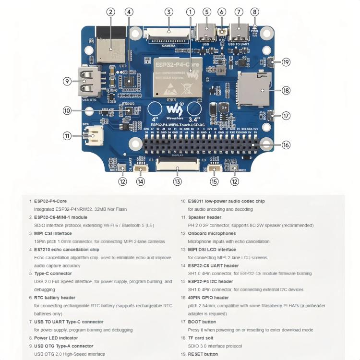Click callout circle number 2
point(111,12)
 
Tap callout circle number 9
point(67,82)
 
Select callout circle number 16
point(286,145)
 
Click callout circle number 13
point(178,181)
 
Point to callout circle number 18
point(286,90)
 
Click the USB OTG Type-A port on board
point(88,82)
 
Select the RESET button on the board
point(270,62)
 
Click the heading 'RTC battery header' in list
point(55,298)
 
